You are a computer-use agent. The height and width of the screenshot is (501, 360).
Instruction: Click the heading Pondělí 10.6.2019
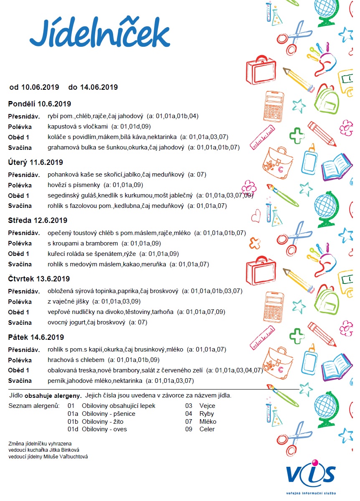pyautogui.click(x=40, y=104)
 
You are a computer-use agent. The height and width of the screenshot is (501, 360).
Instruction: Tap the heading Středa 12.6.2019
pyautogui.click(x=38, y=220)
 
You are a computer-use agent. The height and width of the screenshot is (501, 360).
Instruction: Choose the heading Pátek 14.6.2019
pyautogui.click(x=36, y=337)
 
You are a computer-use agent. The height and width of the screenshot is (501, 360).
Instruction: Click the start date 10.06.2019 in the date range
pyautogui.click(x=40, y=87)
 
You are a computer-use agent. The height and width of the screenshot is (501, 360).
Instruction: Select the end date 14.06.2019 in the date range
pyautogui.click(x=99, y=87)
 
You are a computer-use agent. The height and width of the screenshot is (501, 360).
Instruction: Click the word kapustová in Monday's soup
pyautogui.click(x=61, y=127)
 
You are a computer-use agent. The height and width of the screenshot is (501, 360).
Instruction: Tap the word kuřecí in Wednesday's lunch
pyautogui.click(x=56, y=253)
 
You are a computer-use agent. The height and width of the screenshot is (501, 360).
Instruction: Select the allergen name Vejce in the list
pyautogui.click(x=208, y=406)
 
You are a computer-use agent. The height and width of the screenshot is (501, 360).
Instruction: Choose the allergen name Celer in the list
pyautogui.click(x=207, y=429)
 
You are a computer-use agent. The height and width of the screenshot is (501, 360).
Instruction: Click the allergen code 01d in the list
pyautogui.click(x=73, y=429)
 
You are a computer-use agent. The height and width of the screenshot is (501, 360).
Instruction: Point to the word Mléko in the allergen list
pyautogui.click(x=208, y=422)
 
